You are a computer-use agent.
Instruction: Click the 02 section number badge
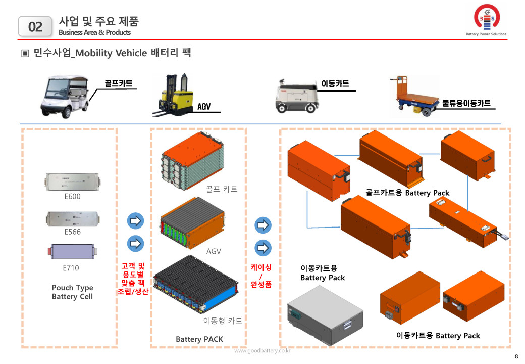point(35,26)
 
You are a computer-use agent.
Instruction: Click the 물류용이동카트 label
point(466,103)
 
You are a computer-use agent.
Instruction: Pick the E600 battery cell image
point(72,182)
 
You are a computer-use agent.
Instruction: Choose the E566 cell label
point(72,232)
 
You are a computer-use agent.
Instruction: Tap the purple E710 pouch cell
point(72,251)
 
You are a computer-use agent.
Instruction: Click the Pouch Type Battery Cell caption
point(72,292)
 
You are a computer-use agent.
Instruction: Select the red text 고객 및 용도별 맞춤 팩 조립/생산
point(133,279)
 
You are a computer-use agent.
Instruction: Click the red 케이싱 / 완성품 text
point(261,276)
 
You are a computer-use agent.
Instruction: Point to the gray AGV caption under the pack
point(214,251)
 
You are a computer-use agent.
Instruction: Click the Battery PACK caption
point(199,339)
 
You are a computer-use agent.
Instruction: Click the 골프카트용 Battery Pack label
point(407,193)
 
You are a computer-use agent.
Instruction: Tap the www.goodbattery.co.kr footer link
point(262,350)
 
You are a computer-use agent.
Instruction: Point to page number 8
point(516,357)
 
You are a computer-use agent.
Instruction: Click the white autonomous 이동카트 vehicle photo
point(295,96)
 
